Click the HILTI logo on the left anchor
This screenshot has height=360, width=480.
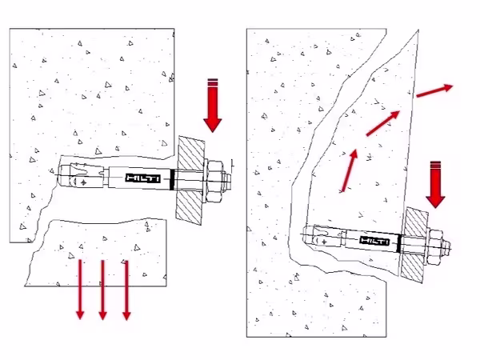click(143, 178)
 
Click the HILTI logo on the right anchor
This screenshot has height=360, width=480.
click(374, 241)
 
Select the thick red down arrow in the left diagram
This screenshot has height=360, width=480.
click(213, 106)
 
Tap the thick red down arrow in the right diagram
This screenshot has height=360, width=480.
click(435, 185)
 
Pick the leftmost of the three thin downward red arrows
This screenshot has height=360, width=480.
click(80, 290)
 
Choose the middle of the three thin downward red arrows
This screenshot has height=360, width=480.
click(103, 290)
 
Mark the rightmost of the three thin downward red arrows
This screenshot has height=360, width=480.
click(126, 290)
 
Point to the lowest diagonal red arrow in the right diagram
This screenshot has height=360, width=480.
click(350, 171)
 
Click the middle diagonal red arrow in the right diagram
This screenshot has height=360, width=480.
click(383, 123)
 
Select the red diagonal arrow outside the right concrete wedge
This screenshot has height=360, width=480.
click(434, 91)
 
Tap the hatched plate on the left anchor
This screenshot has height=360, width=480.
click(190, 181)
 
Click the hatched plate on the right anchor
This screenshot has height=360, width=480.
click(414, 244)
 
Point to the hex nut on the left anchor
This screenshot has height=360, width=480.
click(215, 182)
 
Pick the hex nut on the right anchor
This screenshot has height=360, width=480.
click(435, 246)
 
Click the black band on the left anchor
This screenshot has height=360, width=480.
click(172, 180)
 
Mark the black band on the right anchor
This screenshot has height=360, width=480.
click(398, 243)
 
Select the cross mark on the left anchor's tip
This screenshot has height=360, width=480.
click(83, 182)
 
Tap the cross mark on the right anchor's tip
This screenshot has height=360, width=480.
click(324, 242)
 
